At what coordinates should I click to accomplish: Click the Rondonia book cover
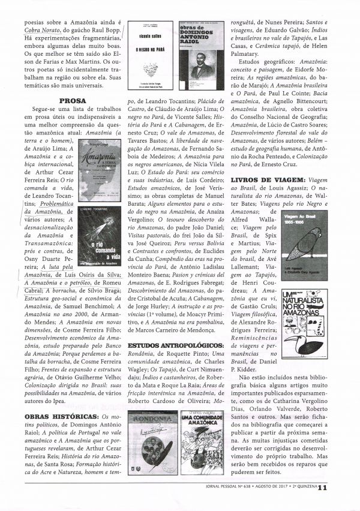[x=151, y=441]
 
